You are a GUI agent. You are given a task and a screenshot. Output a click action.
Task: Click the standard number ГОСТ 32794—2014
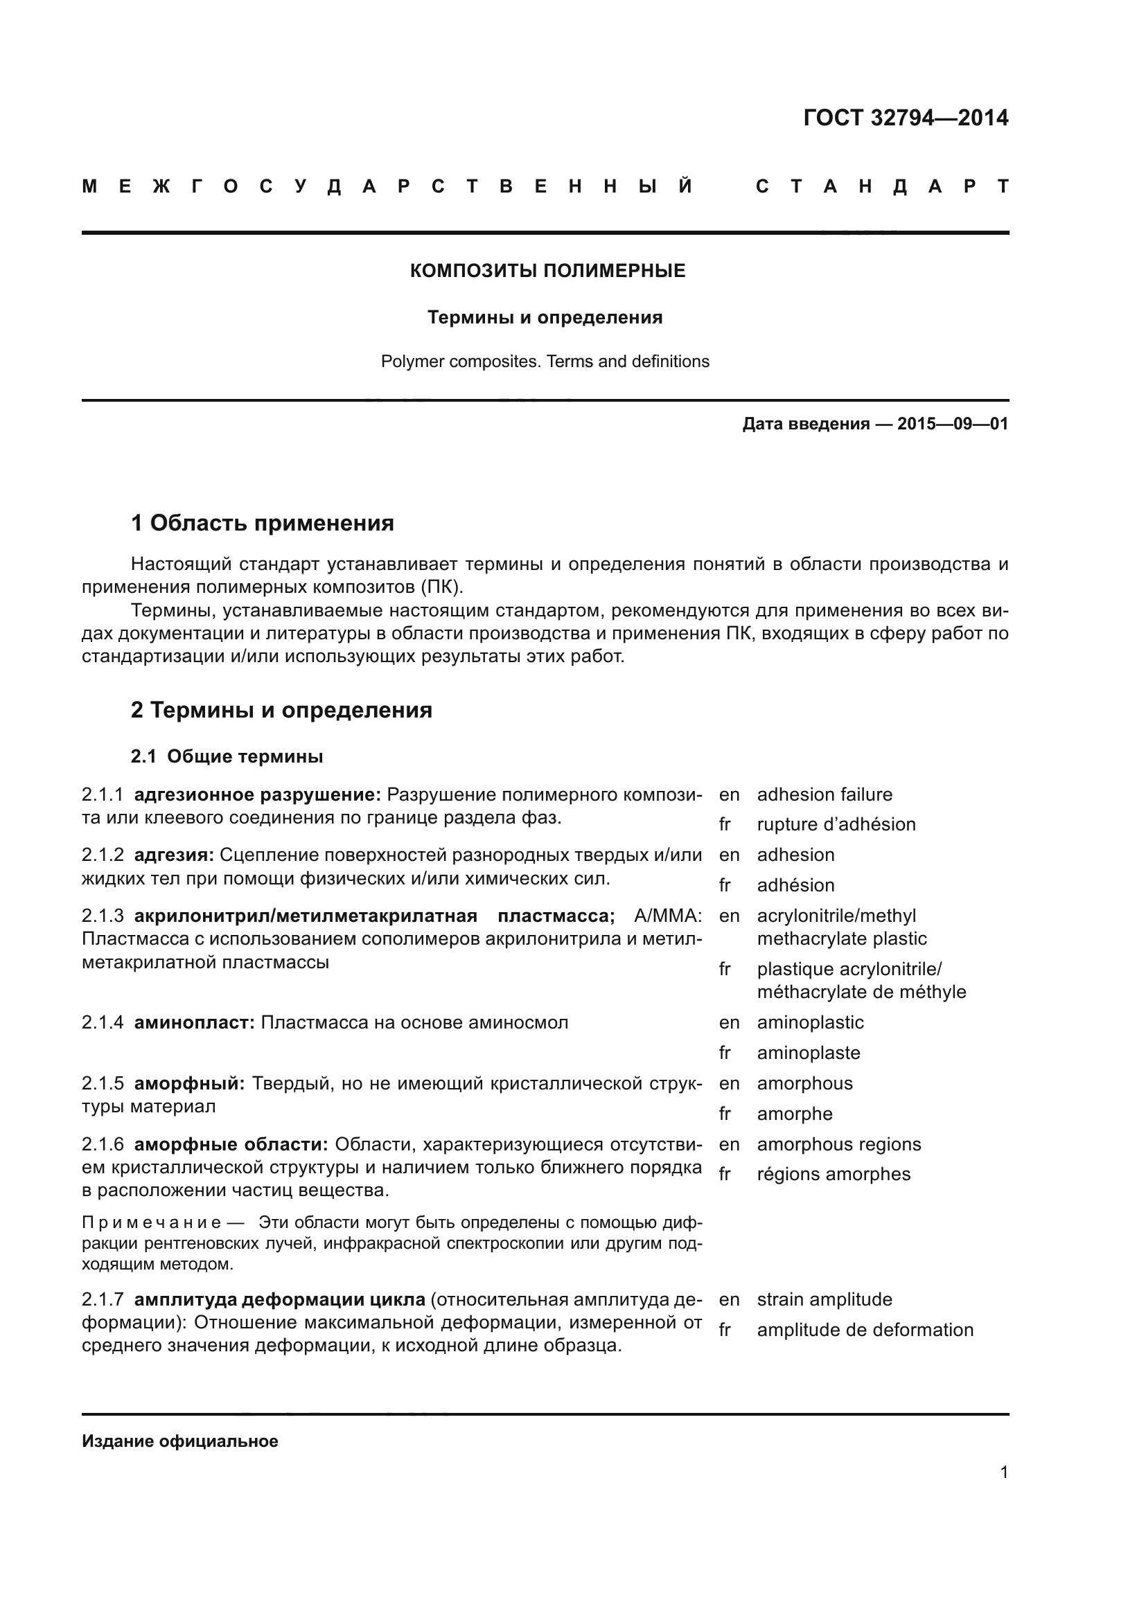[x=906, y=118]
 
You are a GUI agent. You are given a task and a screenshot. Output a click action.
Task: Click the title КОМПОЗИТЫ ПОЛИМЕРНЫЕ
[x=547, y=271]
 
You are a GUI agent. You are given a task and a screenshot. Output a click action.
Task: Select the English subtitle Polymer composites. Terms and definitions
[x=545, y=362]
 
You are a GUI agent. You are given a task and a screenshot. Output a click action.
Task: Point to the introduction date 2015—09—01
[x=953, y=424]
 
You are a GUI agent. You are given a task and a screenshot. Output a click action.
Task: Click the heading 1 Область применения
[x=262, y=524]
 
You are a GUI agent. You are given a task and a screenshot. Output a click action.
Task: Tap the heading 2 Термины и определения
[x=281, y=710]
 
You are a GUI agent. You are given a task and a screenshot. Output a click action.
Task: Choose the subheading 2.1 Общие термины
[x=227, y=756]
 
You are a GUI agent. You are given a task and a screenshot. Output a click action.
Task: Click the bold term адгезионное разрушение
[x=257, y=794]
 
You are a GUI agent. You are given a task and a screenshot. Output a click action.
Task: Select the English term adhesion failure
[x=825, y=794]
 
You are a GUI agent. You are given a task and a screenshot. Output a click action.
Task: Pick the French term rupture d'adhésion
[x=836, y=824]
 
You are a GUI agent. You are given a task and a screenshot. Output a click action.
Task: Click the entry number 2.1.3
[x=103, y=916]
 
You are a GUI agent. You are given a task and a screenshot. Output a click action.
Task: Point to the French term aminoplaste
[x=808, y=1053]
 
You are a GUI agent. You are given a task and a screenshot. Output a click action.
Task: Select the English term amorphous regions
[x=838, y=1143]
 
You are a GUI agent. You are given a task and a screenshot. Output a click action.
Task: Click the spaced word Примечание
[x=152, y=1222]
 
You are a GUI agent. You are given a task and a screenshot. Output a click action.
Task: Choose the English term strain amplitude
[x=825, y=1299]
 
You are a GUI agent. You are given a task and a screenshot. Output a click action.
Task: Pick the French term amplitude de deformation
[x=865, y=1330]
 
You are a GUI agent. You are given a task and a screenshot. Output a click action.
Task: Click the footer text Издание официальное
[x=180, y=1441]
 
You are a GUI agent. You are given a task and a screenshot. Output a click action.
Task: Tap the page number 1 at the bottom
[x=1003, y=1472]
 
